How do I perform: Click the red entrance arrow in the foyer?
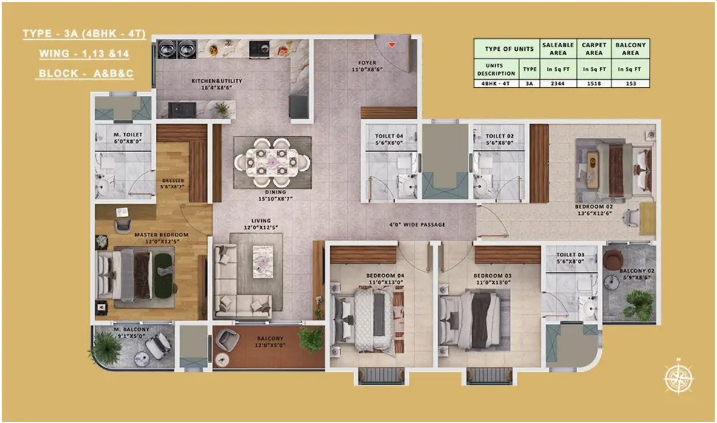(392, 45)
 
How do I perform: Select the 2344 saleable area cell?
(558, 84)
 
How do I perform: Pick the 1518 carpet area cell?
(594, 84)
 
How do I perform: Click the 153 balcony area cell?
(630, 84)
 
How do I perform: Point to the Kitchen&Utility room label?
(217, 84)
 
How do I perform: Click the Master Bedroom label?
(161, 238)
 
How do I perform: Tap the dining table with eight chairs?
(273, 162)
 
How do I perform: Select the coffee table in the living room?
(263, 262)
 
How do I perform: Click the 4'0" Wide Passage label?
(418, 225)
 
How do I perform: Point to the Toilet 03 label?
(570, 258)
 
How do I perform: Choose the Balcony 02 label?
(637, 274)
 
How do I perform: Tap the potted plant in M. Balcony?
(106, 348)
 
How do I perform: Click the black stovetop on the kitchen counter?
(260, 50)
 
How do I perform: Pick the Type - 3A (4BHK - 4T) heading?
(84, 34)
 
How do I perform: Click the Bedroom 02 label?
(594, 210)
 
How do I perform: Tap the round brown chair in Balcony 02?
(613, 259)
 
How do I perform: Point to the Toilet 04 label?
(389, 139)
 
